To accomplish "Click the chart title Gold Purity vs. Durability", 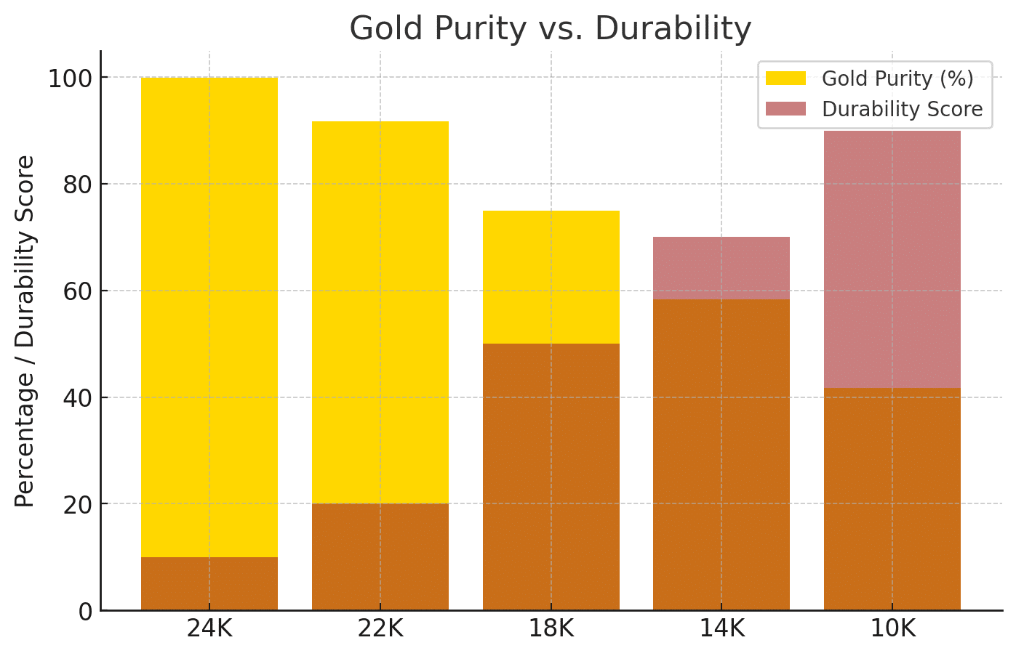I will (x=551, y=29).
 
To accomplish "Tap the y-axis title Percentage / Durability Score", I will (x=25, y=331).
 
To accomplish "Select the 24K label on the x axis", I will (x=209, y=628).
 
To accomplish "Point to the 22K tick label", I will (x=380, y=628).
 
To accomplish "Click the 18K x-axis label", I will (x=551, y=628).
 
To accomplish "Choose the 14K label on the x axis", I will (x=721, y=628).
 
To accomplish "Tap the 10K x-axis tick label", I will (x=892, y=628).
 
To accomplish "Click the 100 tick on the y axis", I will (x=70, y=78).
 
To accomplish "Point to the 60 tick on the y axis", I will (x=78, y=291).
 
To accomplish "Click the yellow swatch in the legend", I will (x=785, y=78).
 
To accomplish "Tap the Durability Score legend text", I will (x=902, y=109).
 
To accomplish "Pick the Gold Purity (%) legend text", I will (x=897, y=78).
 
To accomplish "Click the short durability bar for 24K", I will (x=209, y=584).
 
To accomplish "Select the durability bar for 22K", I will (x=380, y=557).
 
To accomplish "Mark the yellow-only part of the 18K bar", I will (x=551, y=277).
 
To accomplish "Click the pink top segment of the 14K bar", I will (x=721, y=268).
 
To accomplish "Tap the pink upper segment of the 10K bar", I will (x=892, y=259).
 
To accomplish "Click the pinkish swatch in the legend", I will (x=785, y=109).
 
